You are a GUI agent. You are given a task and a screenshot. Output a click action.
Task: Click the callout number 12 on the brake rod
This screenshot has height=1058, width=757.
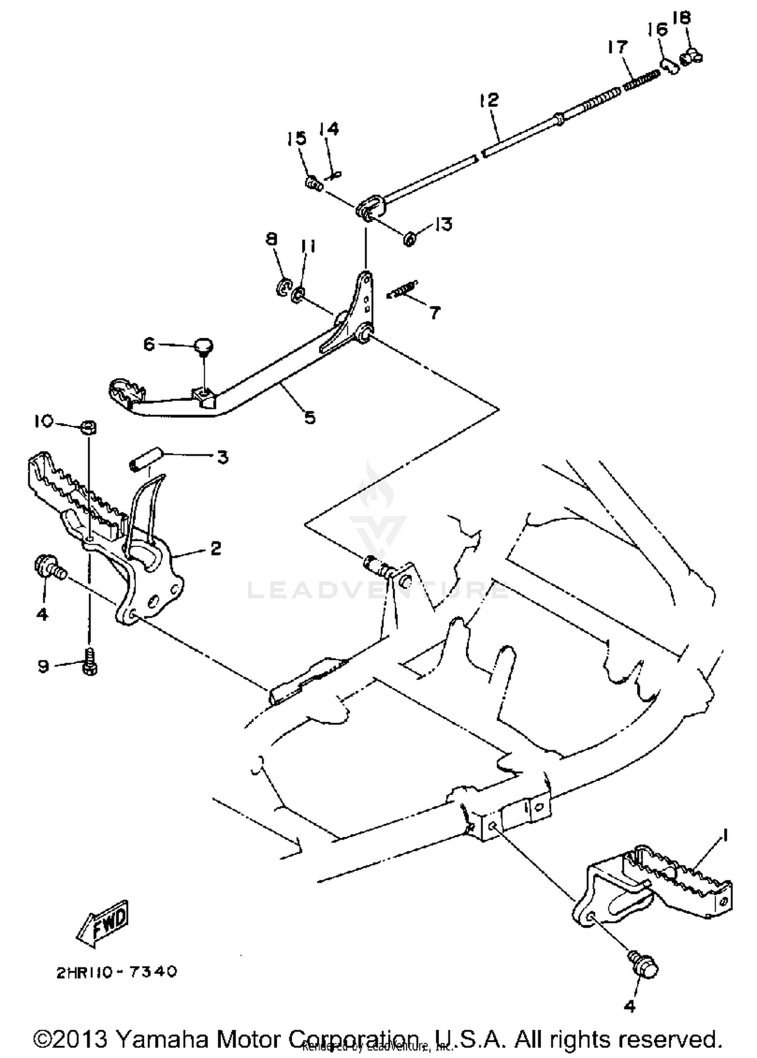(x=489, y=99)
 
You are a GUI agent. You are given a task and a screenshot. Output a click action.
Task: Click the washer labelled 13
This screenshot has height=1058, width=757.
(x=409, y=237)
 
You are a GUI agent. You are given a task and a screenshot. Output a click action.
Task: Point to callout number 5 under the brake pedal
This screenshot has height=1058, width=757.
(x=309, y=418)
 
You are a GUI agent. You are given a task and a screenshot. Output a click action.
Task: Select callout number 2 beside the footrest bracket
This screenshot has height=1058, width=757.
(x=215, y=548)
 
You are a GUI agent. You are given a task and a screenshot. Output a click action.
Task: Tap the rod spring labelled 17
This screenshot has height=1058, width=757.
(x=641, y=80)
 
